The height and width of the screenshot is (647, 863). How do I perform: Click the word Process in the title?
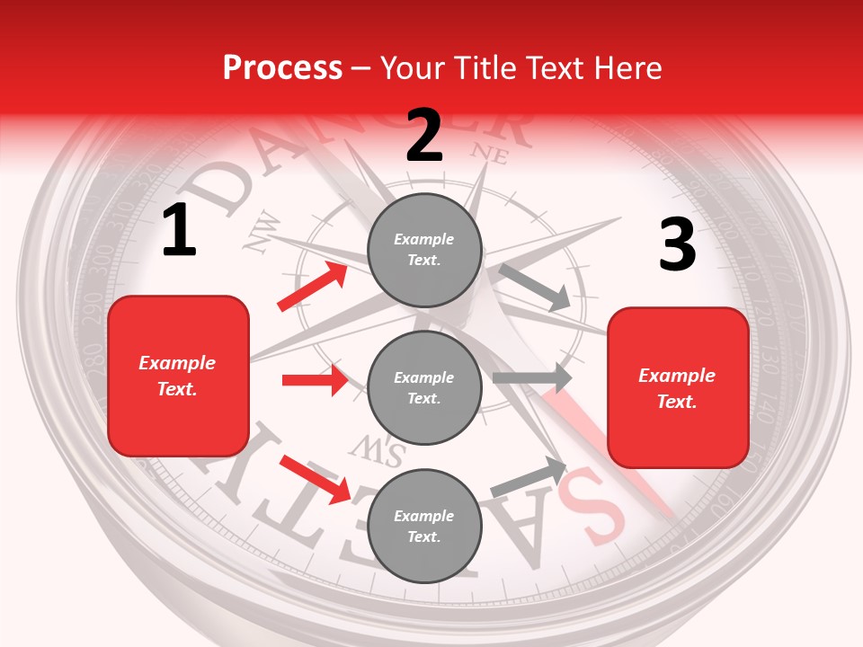coord(282,67)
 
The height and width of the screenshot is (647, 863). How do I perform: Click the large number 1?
coord(179,232)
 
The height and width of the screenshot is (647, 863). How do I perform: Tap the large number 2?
coord(424,136)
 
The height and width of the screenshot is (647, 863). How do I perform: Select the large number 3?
coord(677,245)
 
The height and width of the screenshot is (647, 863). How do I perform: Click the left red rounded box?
coord(178,376)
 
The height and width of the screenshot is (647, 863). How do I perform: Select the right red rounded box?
coord(678,387)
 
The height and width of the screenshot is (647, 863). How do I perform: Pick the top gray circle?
coord(424,250)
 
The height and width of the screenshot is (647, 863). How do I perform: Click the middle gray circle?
coord(424,387)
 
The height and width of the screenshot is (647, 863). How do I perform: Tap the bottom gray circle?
coord(424,526)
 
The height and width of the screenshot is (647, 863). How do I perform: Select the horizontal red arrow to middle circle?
coord(315,380)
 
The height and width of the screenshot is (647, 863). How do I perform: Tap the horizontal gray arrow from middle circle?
coord(532,378)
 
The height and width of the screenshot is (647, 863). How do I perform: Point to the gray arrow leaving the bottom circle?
coord(529,477)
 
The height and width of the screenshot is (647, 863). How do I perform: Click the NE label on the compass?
coord(490,154)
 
